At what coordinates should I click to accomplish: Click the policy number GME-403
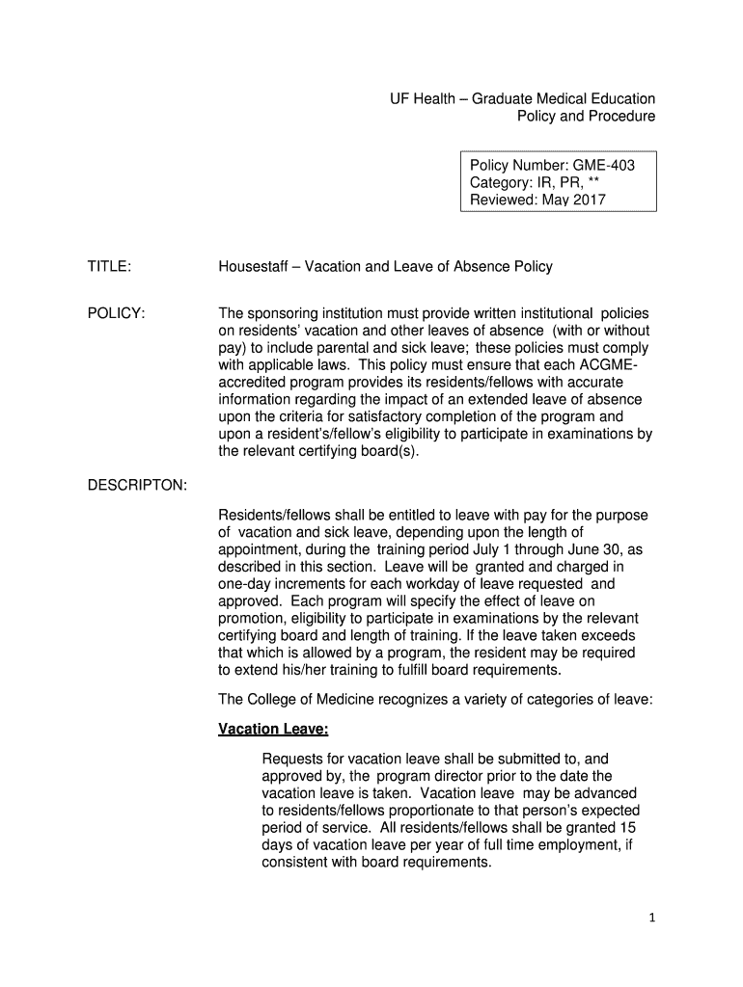pos(605,166)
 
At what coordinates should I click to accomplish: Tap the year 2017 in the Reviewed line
pos(590,200)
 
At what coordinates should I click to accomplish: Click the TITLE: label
pos(109,266)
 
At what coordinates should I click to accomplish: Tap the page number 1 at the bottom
pos(652,920)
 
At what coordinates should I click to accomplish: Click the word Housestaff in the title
pos(255,266)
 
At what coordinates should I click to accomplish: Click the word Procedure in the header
pos(621,116)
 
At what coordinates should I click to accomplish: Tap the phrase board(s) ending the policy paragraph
pos(386,451)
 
